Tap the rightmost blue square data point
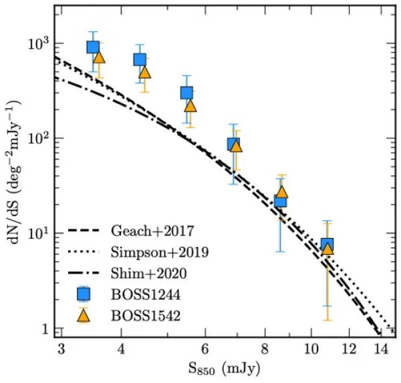327,244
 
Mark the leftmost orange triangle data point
99,57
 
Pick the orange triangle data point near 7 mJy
236,146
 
